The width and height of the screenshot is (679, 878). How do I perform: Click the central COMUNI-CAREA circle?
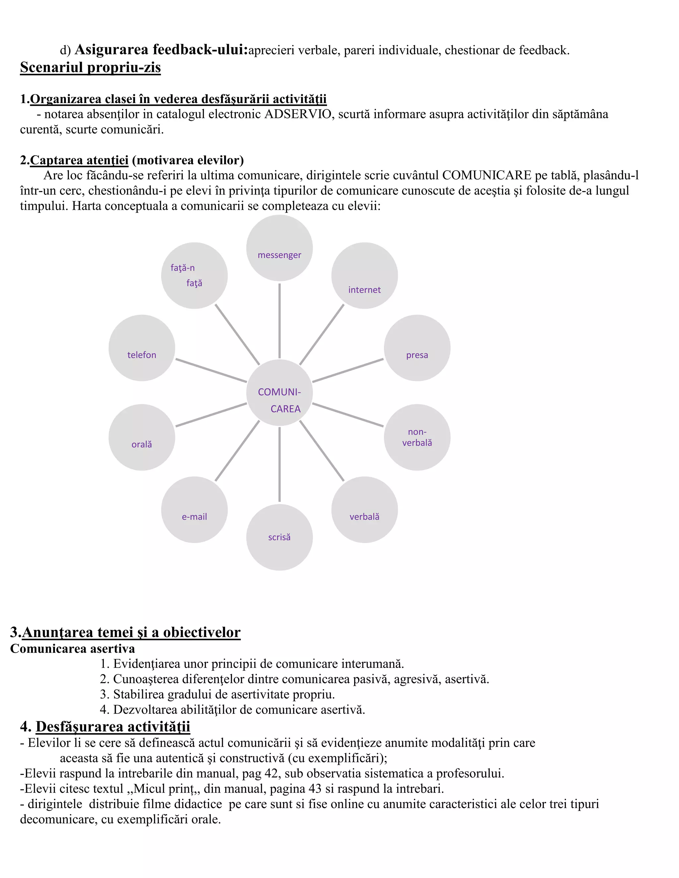(x=279, y=392)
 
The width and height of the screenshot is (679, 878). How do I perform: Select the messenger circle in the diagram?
(x=279, y=248)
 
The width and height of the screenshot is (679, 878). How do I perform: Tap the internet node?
(x=364, y=276)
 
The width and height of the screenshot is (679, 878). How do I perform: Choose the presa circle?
(x=417, y=348)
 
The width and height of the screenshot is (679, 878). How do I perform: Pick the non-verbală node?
(x=417, y=437)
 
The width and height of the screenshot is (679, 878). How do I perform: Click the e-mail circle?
(x=194, y=510)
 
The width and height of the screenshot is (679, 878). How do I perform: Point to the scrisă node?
(x=279, y=537)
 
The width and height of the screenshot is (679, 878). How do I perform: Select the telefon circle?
(x=142, y=348)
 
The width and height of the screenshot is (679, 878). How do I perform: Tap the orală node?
(x=142, y=437)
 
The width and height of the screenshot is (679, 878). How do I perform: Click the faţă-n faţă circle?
(x=194, y=276)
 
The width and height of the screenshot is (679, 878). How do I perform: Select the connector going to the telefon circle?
(x=211, y=370)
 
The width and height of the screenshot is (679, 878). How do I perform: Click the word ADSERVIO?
(x=298, y=115)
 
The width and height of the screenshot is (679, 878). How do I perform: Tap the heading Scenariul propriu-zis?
(x=91, y=68)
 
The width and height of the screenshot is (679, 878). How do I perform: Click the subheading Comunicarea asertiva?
(x=72, y=649)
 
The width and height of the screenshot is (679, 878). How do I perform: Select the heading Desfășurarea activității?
(x=113, y=727)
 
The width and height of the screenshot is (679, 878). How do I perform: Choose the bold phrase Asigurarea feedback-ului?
(x=161, y=50)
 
